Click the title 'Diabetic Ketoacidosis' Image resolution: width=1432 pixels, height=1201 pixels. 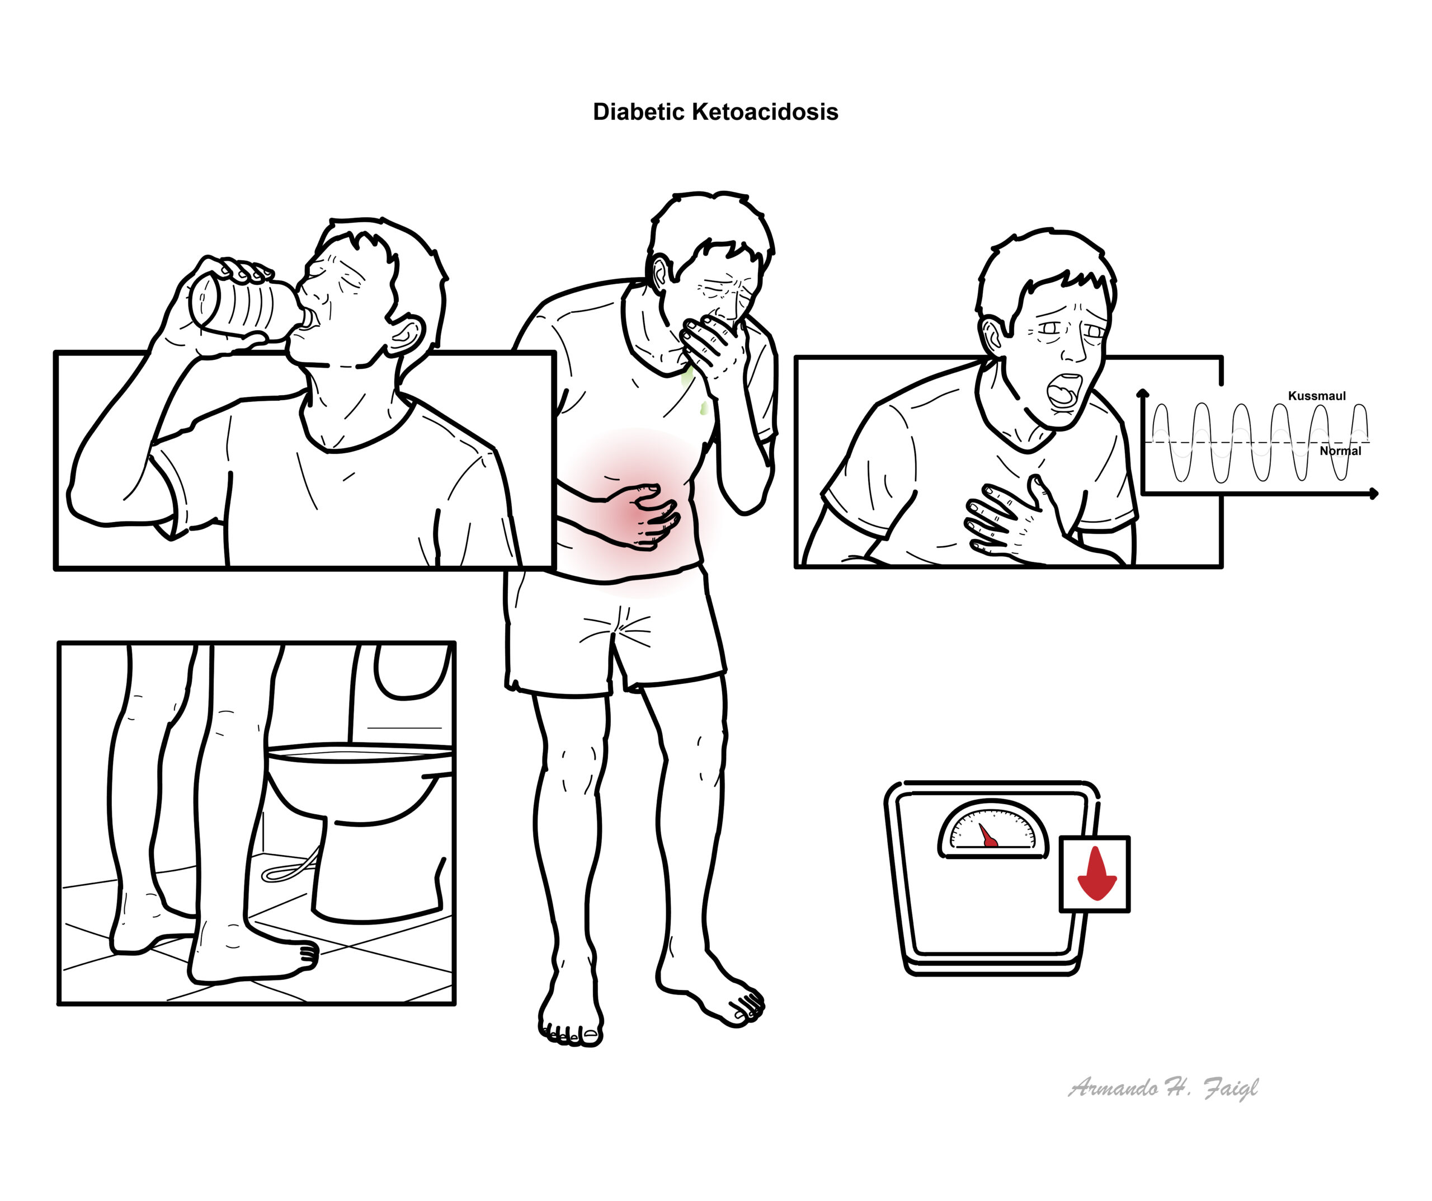[715, 112]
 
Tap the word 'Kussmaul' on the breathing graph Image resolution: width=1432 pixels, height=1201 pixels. [1317, 396]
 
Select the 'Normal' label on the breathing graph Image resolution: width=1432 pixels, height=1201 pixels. [1340, 451]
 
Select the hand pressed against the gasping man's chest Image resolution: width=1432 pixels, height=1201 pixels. [1009, 519]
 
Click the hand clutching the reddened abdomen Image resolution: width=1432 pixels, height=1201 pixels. [644, 515]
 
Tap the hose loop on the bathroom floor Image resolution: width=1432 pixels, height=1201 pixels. [290, 865]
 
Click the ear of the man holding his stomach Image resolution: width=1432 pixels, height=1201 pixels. [660, 271]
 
